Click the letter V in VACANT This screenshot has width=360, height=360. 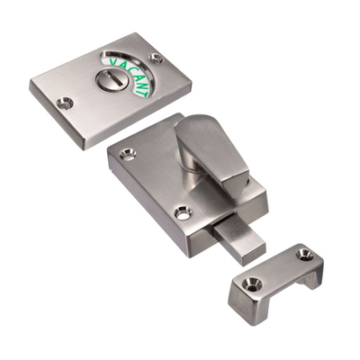115,62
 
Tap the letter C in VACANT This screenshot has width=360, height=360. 130,67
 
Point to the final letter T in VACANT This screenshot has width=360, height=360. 144,92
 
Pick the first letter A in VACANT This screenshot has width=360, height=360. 122,64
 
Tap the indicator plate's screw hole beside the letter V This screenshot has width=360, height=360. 157,58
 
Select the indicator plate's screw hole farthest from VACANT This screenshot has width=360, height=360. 66,103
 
